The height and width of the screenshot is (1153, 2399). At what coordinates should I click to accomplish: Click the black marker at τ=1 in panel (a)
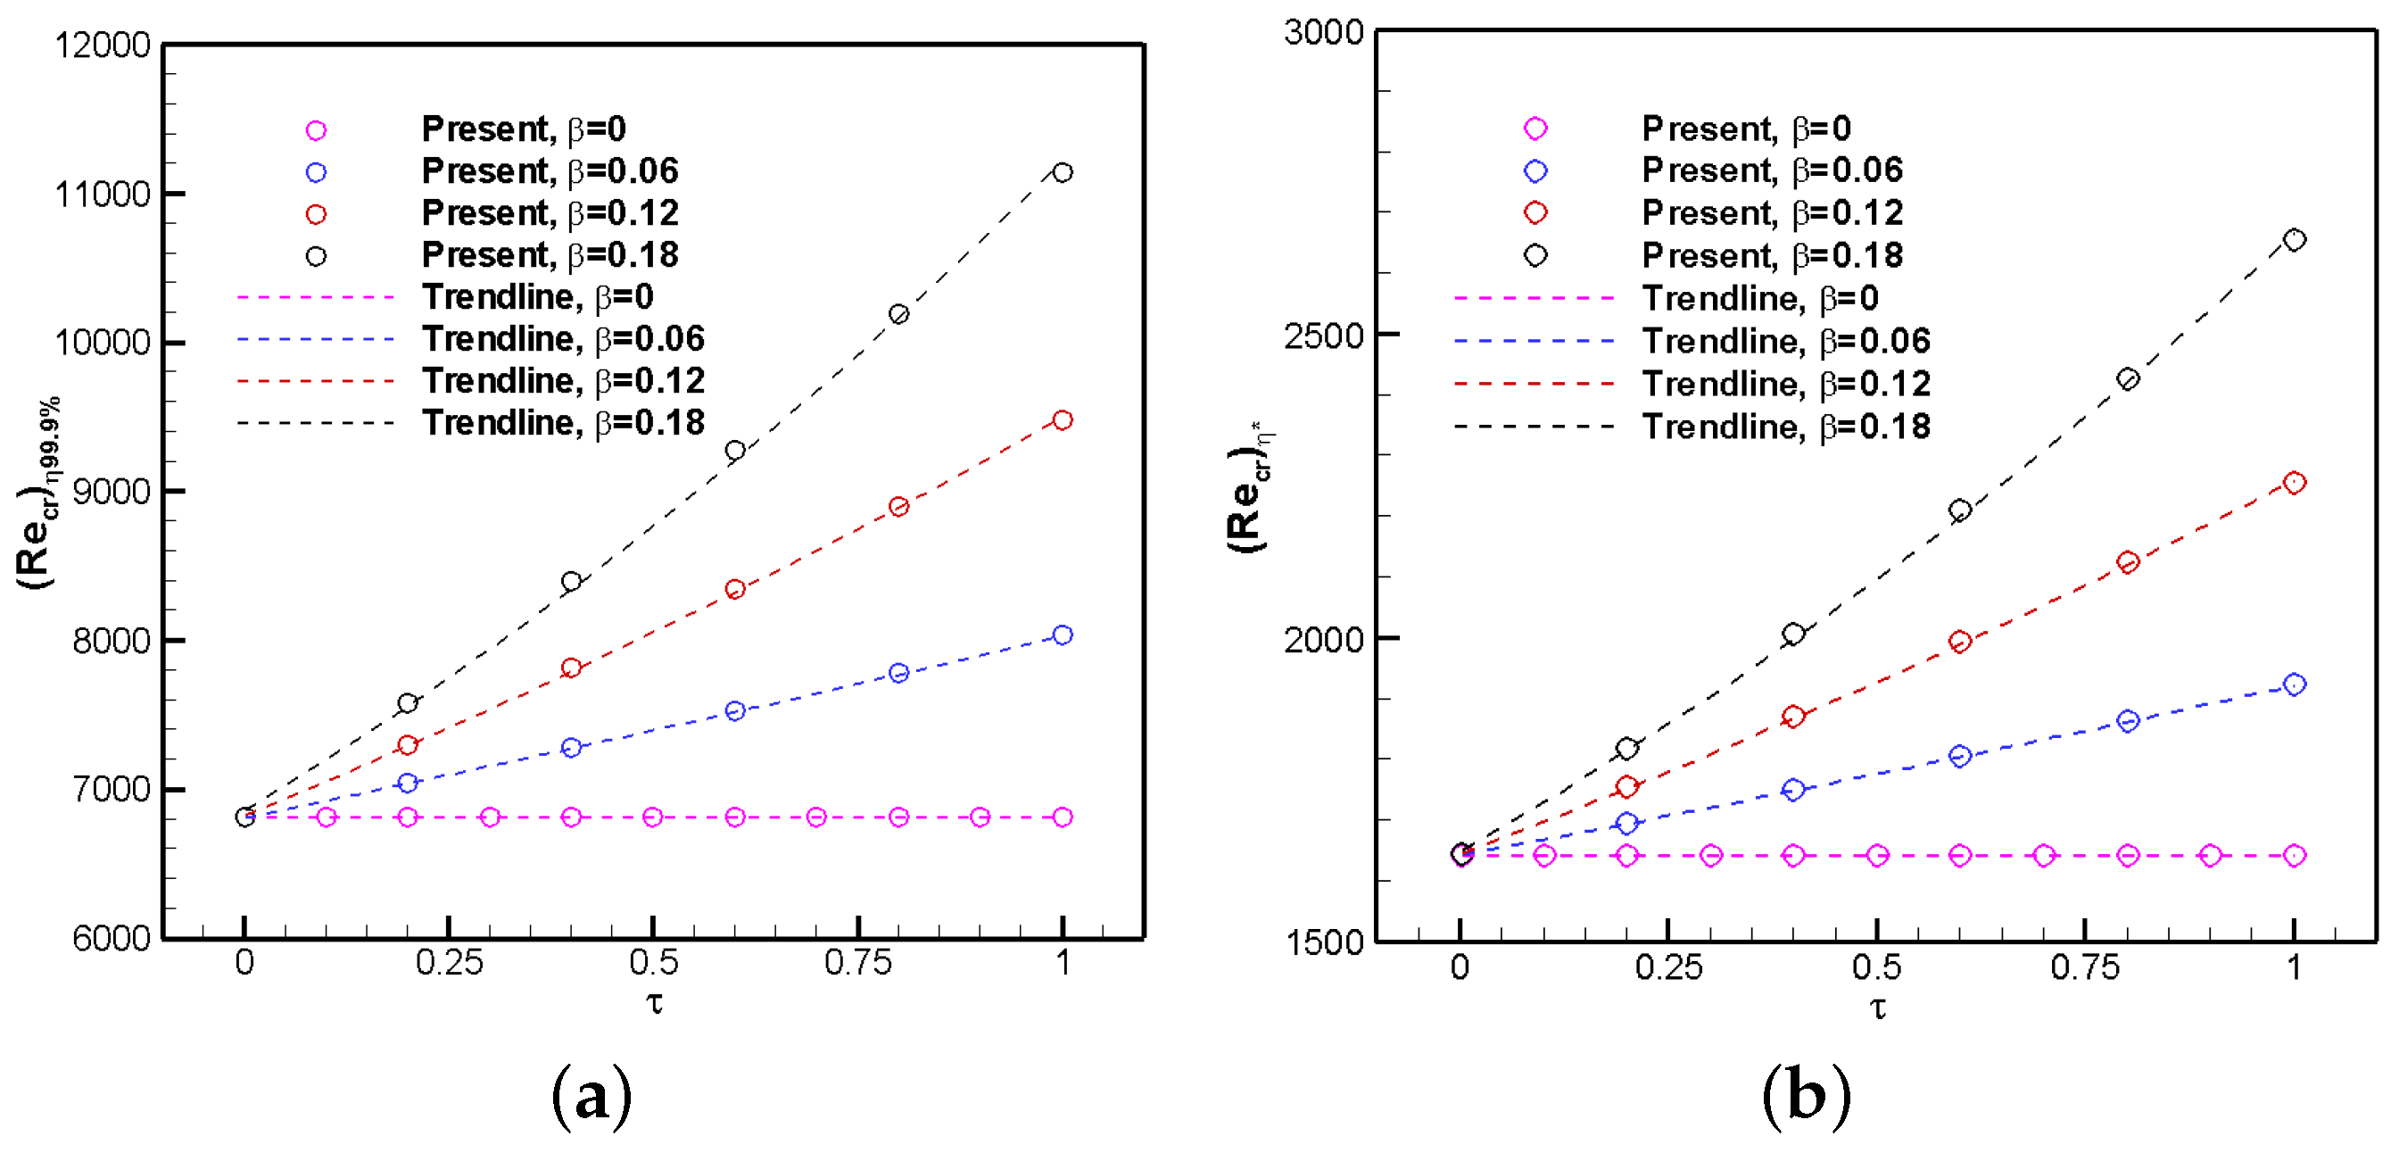point(1062,172)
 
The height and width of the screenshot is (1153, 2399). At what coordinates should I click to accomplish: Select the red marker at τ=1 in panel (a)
point(1062,420)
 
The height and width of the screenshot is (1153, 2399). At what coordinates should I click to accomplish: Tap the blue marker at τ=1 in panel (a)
point(1062,635)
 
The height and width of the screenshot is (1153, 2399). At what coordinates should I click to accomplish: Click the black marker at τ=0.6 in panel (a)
point(735,451)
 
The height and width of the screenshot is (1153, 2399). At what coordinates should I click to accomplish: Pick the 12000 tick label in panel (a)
point(102,45)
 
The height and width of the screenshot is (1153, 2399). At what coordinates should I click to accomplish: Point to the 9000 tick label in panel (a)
point(111,492)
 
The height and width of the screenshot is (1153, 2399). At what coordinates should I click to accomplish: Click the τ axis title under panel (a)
point(655,1004)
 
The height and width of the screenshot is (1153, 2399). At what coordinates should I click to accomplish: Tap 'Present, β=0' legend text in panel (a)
point(524,129)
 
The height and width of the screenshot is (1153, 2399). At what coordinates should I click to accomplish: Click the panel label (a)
point(591,1096)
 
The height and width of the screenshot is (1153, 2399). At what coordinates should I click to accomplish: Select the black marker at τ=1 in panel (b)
point(2294,240)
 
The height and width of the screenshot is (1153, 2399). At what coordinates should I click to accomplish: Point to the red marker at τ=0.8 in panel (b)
point(2127,562)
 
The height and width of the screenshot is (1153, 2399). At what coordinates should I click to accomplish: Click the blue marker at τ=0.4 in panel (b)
point(1792,791)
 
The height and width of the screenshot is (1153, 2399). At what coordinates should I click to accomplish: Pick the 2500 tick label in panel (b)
point(1323,336)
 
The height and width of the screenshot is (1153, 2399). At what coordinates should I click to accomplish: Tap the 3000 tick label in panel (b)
point(1323,33)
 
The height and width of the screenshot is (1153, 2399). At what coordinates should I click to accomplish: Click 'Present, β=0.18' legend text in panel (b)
point(1771,255)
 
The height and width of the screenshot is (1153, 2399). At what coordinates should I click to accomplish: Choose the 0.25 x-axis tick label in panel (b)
point(1668,967)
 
